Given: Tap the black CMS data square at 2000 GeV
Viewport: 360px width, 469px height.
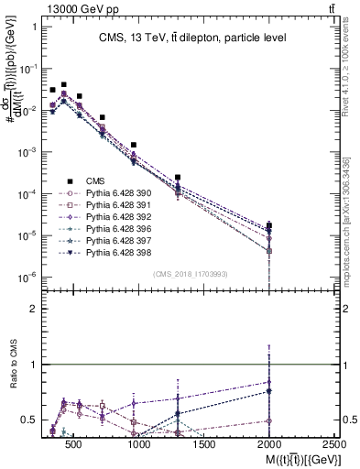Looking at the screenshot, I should point(269,224).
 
